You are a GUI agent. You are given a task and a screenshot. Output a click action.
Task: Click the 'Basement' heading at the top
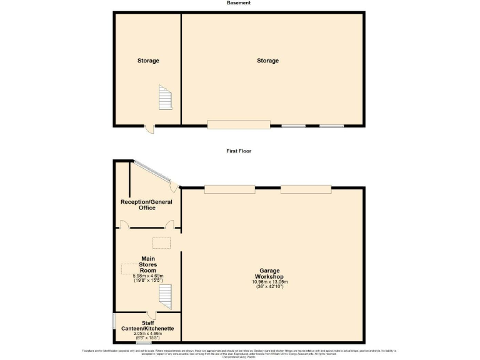(239, 3)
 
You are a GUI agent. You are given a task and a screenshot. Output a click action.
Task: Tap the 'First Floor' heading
(239, 151)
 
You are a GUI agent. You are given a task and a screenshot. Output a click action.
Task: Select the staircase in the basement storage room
(164, 98)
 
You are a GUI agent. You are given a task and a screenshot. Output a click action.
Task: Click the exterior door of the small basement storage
(149, 129)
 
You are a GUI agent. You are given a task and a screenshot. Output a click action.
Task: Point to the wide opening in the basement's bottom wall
(239, 125)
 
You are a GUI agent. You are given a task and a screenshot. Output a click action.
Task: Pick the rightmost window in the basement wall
(331, 126)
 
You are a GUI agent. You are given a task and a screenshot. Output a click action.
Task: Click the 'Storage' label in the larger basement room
(267, 61)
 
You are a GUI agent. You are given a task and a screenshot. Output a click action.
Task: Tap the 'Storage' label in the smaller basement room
(148, 61)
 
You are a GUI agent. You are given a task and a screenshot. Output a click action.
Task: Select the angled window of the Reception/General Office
(152, 172)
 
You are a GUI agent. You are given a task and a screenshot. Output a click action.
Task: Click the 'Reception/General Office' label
(147, 204)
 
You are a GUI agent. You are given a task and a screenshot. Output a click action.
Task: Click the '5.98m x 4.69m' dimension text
(148, 276)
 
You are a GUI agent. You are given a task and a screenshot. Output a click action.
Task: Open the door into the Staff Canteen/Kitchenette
(151, 314)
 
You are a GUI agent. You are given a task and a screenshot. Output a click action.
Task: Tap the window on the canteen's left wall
(113, 321)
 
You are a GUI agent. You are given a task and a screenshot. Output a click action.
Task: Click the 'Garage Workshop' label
(269, 273)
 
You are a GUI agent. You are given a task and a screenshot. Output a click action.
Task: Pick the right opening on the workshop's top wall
(297, 189)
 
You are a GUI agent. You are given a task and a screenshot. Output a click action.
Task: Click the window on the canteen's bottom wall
(144, 342)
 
